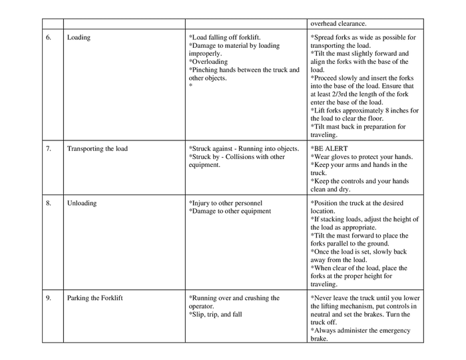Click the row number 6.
pos(49,37)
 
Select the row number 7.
pos(49,148)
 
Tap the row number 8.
pos(49,203)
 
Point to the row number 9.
pos(49,298)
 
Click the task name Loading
pos(79,37)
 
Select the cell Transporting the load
pos(97,148)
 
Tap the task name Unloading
pos(82,203)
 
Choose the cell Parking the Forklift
pos(95,298)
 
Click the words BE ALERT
pos(331,148)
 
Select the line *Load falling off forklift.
pos(225,37)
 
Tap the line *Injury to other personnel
pos(226,203)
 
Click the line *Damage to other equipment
pos(230,211)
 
